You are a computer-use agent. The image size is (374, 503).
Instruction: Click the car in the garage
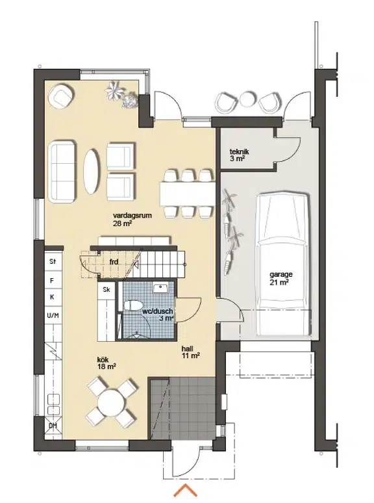click(284, 264)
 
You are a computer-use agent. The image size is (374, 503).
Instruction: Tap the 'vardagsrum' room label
click(132, 216)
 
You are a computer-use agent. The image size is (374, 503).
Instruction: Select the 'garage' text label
click(281, 275)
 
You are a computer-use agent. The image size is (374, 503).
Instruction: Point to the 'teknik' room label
click(240, 151)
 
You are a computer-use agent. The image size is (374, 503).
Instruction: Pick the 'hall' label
click(188, 348)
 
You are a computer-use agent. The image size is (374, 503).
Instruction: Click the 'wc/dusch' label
click(157, 311)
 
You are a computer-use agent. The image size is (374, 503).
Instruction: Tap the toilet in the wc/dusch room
click(133, 305)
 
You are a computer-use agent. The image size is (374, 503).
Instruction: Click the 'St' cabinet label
click(53, 261)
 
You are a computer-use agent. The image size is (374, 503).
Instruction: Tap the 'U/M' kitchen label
click(53, 315)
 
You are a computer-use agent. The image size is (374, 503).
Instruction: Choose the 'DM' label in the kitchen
click(53, 426)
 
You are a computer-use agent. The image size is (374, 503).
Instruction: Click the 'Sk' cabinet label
click(106, 289)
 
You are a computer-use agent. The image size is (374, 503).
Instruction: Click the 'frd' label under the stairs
click(114, 262)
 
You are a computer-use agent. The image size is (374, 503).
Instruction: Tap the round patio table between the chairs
click(248, 99)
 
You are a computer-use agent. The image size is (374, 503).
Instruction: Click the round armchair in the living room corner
click(60, 96)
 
